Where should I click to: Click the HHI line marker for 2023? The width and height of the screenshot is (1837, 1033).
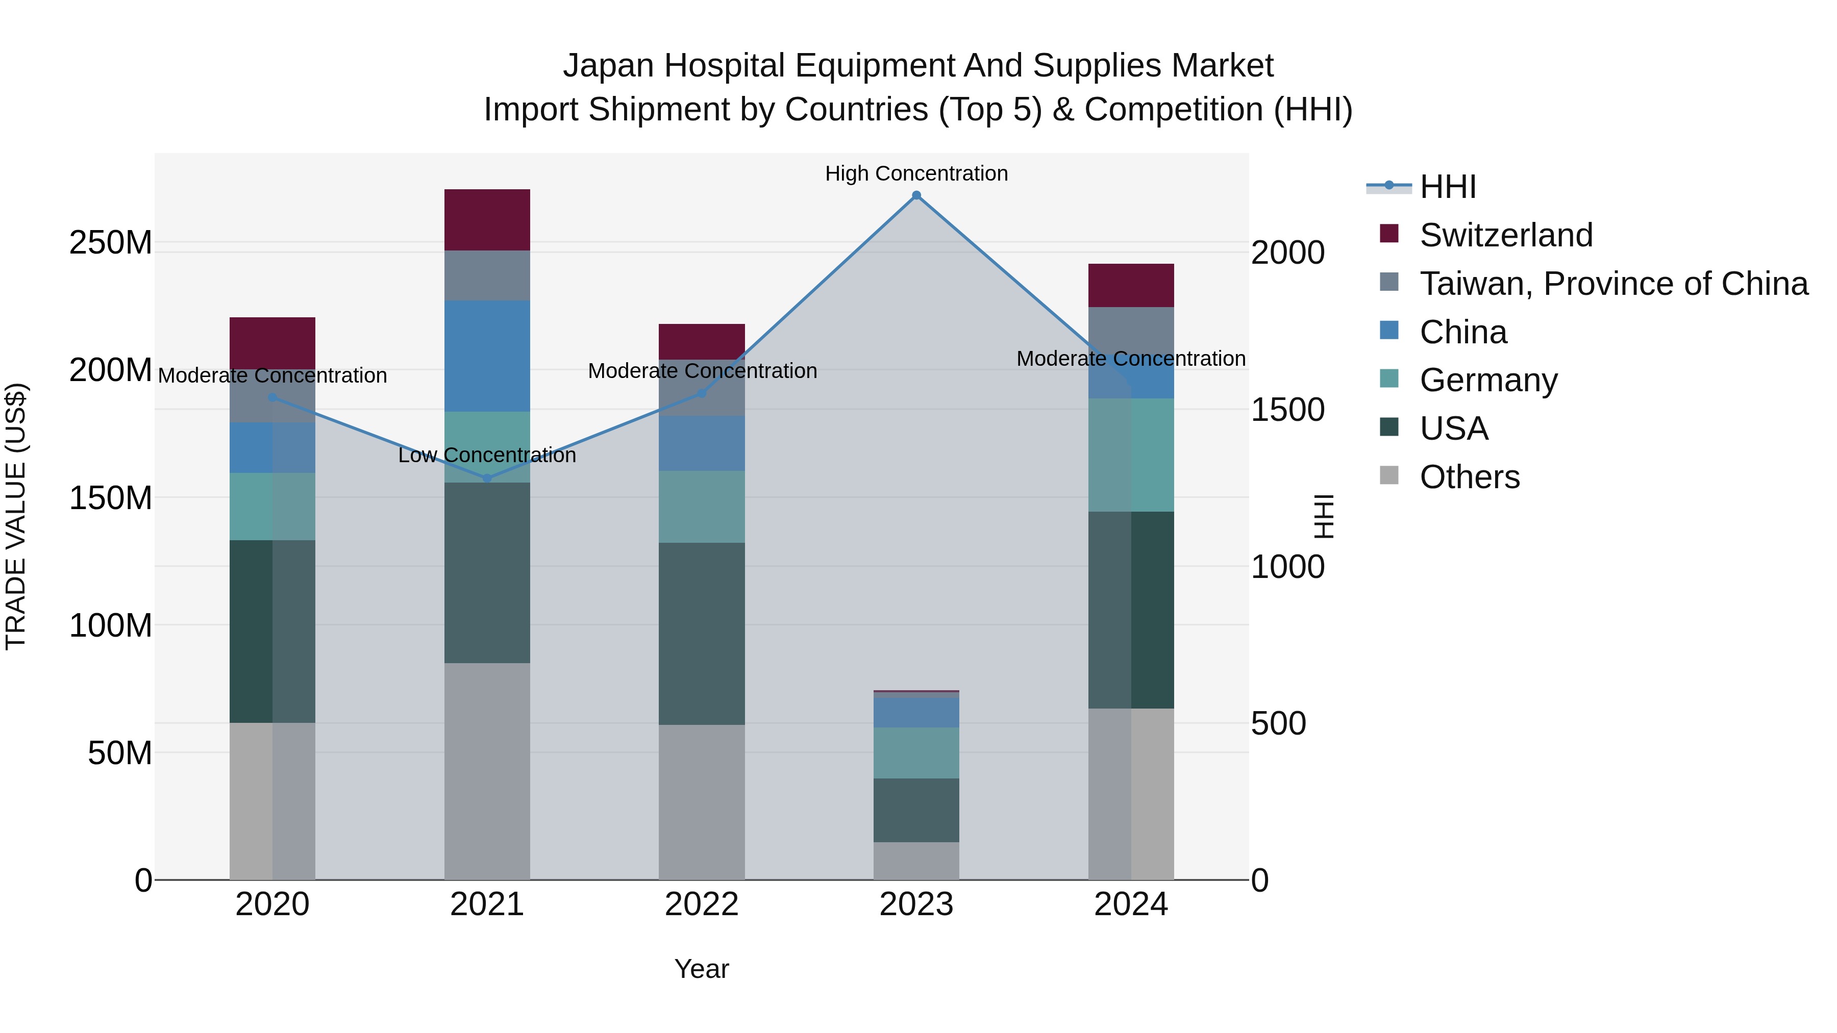[916, 195]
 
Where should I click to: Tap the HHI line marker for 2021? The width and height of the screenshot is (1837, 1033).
[487, 478]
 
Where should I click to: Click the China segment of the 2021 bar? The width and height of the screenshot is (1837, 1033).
[487, 356]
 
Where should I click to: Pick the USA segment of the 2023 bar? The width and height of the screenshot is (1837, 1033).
[916, 810]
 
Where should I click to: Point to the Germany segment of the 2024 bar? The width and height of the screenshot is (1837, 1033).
[1131, 455]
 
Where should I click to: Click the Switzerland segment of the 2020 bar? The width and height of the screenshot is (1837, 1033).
[272, 342]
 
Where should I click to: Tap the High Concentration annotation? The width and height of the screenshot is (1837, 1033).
[916, 173]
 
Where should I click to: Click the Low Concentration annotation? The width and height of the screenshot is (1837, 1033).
[487, 455]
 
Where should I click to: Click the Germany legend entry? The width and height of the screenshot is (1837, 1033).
[1488, 380]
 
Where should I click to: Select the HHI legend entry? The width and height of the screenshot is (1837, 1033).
[1448, 187]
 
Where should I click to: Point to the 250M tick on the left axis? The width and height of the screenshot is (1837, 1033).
[111, 243]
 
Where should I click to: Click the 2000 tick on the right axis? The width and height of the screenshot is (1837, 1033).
[1288, 253]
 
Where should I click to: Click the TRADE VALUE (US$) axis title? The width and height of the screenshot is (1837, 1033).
[16, 516]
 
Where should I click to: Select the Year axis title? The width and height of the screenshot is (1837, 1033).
[702, 969]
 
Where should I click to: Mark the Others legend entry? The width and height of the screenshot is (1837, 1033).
[1469, 477]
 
